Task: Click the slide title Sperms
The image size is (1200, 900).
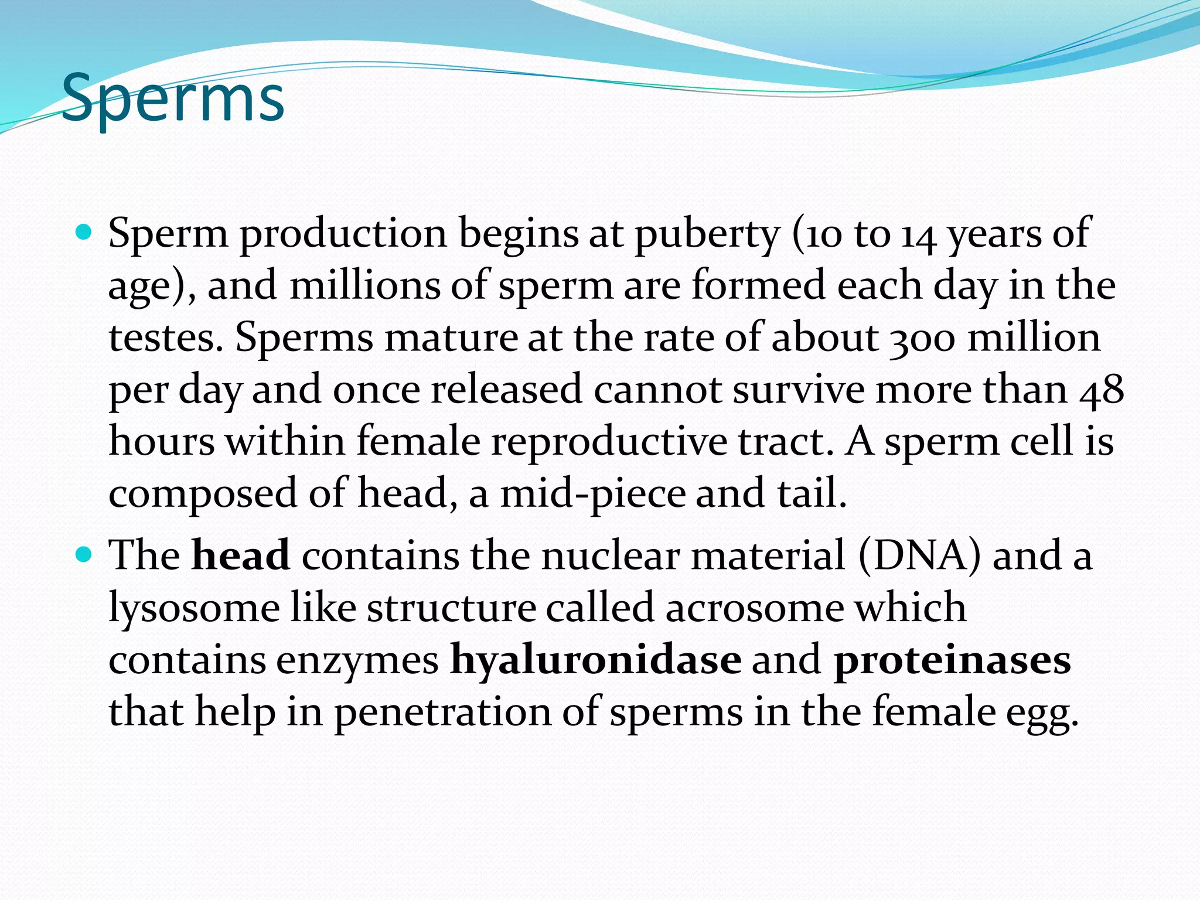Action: tap(172, 98)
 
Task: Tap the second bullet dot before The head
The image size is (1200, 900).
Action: tap(85, 554)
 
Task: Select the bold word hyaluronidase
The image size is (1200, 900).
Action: tap(595, 660)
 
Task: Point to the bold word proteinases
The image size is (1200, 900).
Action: tap(952, 660)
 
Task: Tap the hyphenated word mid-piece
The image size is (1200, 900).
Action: tap(592, 493)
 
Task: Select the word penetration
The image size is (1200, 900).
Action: tap(443, 712)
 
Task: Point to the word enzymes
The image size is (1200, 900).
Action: tap(357, 661)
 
